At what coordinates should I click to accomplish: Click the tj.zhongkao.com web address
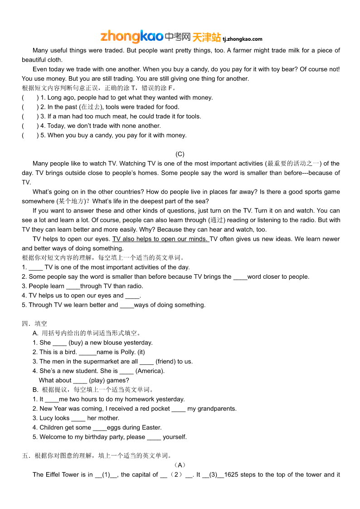coord(243,39)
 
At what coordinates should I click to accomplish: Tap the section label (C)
coord(180,154)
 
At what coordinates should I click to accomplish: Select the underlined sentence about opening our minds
coord(161,239)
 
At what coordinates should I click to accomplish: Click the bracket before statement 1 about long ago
coord(30,97)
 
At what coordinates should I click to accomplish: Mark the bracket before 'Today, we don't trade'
coord(30,126)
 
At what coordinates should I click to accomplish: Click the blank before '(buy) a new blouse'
coord(59,343)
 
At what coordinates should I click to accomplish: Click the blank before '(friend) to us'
coord(146,362)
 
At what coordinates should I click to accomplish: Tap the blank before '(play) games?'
coord(80,380)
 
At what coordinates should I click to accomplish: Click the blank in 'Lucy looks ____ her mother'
coord(78,418)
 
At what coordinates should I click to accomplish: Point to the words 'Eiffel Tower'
coord(62,475)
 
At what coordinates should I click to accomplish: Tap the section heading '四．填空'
coord(34,324)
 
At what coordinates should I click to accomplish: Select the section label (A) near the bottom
coord(180,465)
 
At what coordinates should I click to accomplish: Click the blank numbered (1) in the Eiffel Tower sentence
coord(107,475)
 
